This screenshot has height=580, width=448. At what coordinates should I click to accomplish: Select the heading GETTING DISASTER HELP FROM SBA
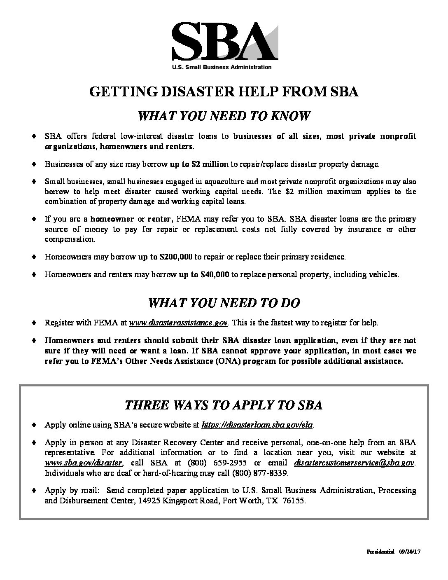pyautogui.click(x=224, y=92)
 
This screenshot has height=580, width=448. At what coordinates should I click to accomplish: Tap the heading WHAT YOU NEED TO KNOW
pyautogui.click(x=224, y=116)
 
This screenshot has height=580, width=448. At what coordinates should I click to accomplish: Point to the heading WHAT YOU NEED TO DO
pyautogui.click(x=224, y=303)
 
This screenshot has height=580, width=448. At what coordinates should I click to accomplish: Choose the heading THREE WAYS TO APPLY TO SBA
pyautogui.click(x=224, y=405)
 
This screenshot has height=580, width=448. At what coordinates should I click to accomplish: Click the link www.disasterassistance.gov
pyautogui.click(x=178, y=323)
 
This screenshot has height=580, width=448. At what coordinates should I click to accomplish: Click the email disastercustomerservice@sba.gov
pyautogui.click(x=355, y=463)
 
